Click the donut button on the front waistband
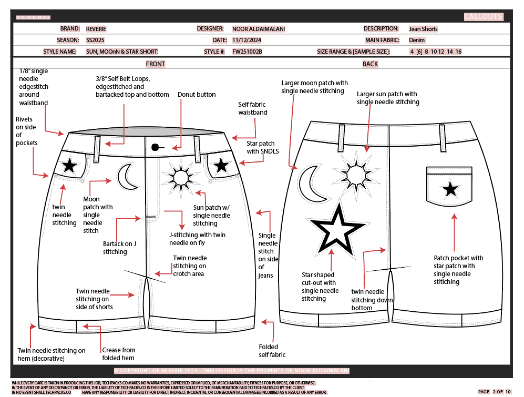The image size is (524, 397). pos(155,147)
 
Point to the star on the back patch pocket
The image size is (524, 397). pos(450,189)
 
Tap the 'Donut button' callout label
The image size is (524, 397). pos(197,95)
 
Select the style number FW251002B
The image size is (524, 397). pos(247,52)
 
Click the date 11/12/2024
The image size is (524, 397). pos(246,40)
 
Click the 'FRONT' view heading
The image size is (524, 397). pos(156,64)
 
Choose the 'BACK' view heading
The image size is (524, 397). pos(370,64)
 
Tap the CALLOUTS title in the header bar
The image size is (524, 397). pos(483,17)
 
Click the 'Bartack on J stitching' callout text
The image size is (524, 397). pos(119,248)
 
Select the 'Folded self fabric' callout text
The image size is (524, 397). pos(272,351)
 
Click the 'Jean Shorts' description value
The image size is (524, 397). pos(423,29)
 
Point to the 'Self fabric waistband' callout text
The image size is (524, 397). pos(253,108)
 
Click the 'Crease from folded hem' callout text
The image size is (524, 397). pos(118,354)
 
